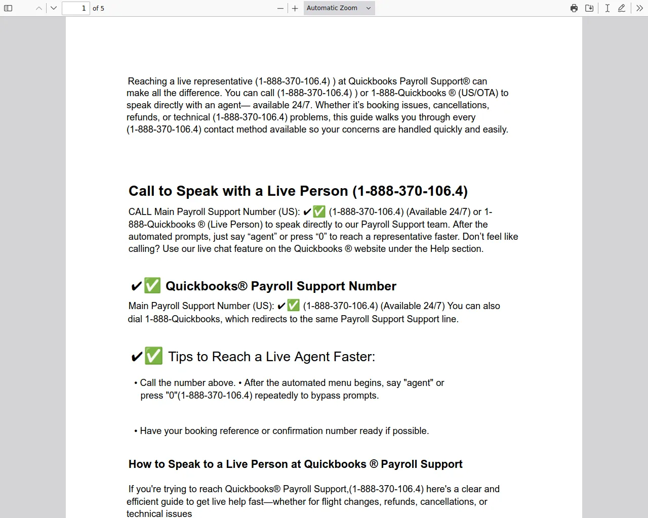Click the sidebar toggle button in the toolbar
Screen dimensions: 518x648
pos(8,8)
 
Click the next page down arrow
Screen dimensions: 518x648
pos(54,8)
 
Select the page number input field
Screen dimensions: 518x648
pos(75,8)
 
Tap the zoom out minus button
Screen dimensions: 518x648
pos(280,8)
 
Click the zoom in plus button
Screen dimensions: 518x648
pos(295,8)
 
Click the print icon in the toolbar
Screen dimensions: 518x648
pos(574,8)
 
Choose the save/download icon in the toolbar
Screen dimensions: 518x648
pos(589,8)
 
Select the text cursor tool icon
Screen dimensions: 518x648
pos(607,8)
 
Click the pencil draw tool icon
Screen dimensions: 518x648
pos(622,8)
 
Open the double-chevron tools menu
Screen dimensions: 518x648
pos(639,8)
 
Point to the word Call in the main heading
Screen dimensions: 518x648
pos(142,191)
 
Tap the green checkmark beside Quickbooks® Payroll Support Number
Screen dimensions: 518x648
pos(152,285)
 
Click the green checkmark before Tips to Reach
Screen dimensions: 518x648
pos(153,356)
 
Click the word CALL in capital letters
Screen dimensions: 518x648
pos(140,212)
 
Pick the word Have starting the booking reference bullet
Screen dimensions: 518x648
pos(150,431)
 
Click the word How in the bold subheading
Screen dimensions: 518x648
pos(139,464)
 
